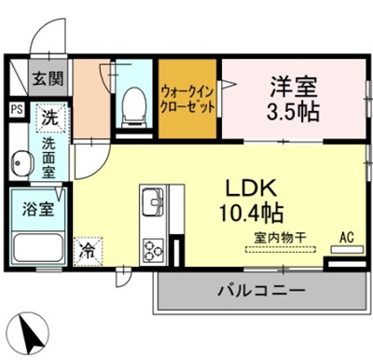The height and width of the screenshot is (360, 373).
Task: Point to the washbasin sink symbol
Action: point(22,166)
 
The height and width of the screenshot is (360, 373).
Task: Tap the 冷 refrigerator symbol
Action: point(87,251)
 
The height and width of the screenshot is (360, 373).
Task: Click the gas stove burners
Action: point(152,249)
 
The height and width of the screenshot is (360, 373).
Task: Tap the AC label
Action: point(346,238)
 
